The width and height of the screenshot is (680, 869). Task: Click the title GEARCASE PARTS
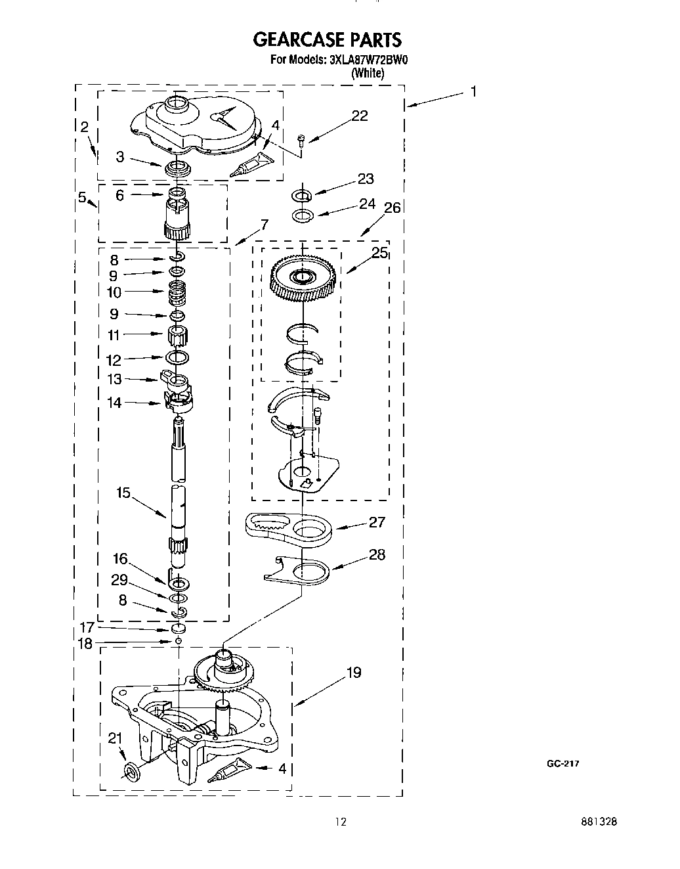pyautogui.click(x=326, y=40)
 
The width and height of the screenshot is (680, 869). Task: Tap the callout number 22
pyautogui.click(x=360, y=116)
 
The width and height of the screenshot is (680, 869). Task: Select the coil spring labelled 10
pyautogui.click(x=177, y=292)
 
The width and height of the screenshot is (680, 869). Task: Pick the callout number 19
pyautogui.click(x=353, y=673)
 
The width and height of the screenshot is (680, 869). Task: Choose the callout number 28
pyautogui.click(x=377, y=554)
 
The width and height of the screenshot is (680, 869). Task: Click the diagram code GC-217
pyautogui.click(x=563, y=763)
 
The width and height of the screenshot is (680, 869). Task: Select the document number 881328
pyautogui.click(x=598, y=822)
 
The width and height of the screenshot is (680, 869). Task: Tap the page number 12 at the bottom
pyautogui.click(x=339, y=822)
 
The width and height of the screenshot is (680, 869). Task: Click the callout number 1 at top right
pyautogui.click(x=473, y=91)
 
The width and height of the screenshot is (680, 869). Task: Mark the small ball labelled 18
pyautogui.click(x=178, y=640)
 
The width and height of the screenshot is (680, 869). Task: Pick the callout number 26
pyautogui.click(x=392, y=208)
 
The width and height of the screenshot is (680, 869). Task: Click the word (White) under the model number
pyautogui.click(x=368, y=74)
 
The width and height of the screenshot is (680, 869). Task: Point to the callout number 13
pyautogui.click(x=115, y=379)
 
